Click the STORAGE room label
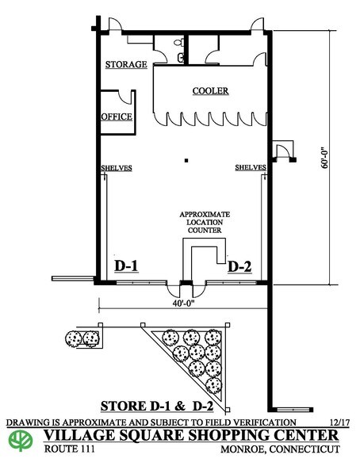pos(126,64)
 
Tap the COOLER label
pos(210,90)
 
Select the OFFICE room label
pos(117,116)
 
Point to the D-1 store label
pos(126,265)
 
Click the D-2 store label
pos(239,266)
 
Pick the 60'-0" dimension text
pos(325,157)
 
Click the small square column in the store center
pos(186,161)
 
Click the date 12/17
pos(340,422)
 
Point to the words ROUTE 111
pos(70,449)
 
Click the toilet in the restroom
pos(178,43)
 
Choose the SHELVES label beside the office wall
pos(117,168)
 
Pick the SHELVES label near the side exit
pos(251,167)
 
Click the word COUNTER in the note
pos(205,231)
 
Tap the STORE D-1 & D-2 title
pos(157,406)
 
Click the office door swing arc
pos(124,98)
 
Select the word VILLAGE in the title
pos(79,435)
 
